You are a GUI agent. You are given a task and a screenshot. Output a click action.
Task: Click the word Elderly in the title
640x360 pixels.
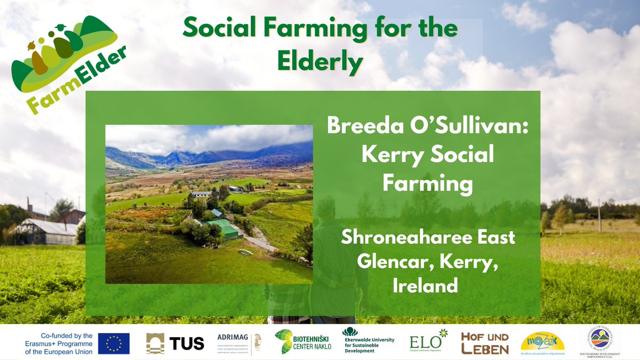tap(319, 61)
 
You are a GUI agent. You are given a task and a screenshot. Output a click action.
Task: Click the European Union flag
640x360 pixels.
tap(114, 343)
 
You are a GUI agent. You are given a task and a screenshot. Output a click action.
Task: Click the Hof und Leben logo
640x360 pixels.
tap(484, 343)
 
